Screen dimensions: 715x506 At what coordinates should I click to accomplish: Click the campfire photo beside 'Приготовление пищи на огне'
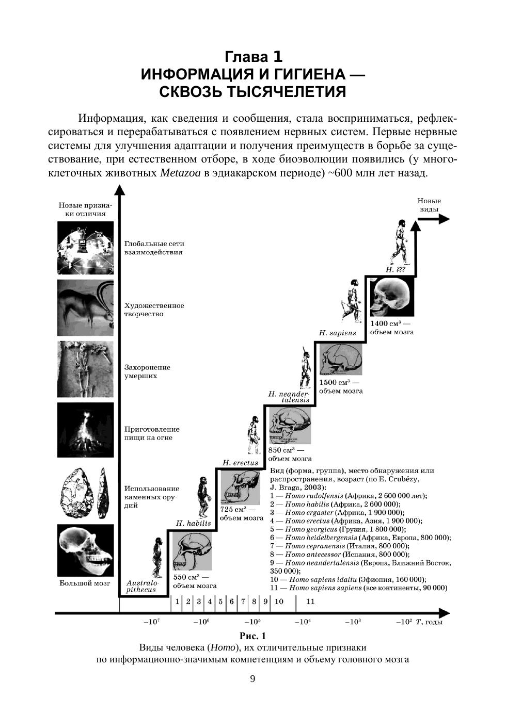[85, 430]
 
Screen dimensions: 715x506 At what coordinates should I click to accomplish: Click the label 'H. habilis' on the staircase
[193, 523]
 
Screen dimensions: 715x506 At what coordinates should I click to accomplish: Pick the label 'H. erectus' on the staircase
[240, 463]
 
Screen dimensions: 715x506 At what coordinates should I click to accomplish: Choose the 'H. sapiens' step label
[337, 333]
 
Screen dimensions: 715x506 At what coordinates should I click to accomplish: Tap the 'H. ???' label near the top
[396, 270]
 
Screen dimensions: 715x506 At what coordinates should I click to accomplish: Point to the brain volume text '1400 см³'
[386, 323]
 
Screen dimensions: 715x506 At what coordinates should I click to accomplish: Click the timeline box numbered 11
[310, 602]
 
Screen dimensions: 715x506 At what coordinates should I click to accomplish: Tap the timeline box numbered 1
[177, 602]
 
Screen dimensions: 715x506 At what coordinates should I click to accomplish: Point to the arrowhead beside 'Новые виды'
[444, 219]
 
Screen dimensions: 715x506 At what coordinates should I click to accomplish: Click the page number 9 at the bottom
[252, 679]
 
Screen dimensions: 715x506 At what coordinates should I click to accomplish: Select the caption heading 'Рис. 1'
[252, 636]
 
